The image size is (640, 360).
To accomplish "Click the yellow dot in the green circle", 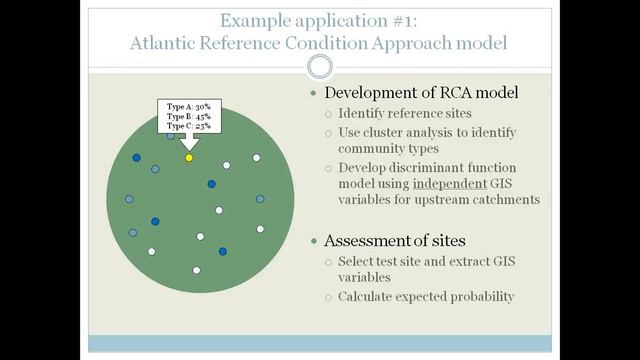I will (x=189, y=158).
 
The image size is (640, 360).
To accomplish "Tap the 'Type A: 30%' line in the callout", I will (x=188, y=106).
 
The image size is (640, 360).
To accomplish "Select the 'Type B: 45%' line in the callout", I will (x=188, y=116).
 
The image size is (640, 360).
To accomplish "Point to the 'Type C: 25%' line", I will (x=188, y=126).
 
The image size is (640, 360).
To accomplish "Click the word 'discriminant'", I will (x=414, y=167).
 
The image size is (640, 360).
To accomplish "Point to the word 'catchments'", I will (x=506, y=199).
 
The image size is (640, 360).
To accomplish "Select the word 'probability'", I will (x=483, y=296).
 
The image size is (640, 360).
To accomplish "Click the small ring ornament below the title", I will (x=319, y=66).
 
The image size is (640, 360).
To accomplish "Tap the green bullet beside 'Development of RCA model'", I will (x=315, y=93).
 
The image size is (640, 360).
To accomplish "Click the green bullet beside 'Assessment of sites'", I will (x=315, y=241).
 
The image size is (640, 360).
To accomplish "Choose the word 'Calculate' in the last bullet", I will (x=372, y=296).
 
